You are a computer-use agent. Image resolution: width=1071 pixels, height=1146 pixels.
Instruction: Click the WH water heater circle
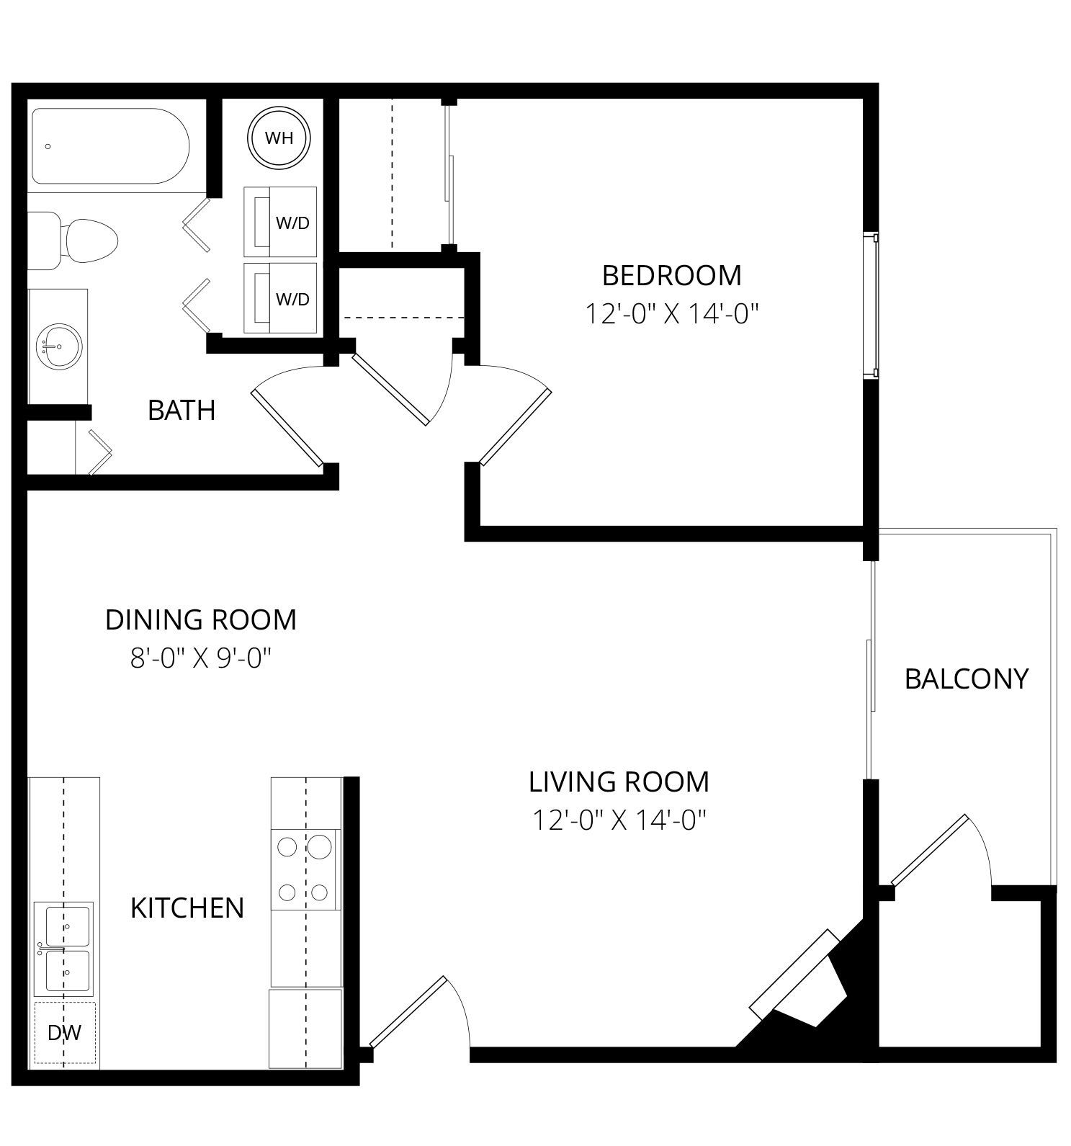[279, 138]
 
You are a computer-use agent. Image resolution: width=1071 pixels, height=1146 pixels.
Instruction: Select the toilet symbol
[72, 241]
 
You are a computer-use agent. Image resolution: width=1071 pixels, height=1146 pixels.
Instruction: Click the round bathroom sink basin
[59, 346]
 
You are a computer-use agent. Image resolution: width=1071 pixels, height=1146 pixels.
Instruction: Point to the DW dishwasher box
[65, 1033]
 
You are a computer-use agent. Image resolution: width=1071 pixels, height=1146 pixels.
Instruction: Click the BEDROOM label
[671, 275]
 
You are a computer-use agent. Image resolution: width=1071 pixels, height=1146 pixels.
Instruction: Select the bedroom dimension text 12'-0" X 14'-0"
[671, 314]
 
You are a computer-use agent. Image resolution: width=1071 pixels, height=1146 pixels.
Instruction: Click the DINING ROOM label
[201, 619]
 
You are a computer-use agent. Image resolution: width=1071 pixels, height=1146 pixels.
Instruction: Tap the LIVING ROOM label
[619, 782]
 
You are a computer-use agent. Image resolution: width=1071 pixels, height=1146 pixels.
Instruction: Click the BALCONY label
[966, 679]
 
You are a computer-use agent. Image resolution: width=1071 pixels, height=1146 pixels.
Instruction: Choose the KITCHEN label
[187, 908]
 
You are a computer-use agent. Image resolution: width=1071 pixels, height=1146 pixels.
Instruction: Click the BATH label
[182, 410]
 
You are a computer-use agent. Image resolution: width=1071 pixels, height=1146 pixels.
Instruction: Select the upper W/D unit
[280, 222]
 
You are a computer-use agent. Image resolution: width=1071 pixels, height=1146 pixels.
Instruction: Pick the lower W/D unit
[280, 298]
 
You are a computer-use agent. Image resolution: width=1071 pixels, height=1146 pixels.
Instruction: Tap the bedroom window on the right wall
[871, 305]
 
